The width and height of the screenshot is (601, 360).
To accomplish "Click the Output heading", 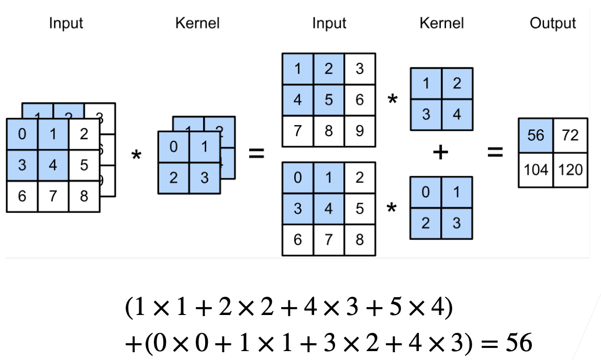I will pyautogui.click(x=552, y=23).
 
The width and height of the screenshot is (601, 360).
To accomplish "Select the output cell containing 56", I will pyautogui.click(x=535, y=136).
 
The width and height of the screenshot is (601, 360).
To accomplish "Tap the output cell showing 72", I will pyautogui.click(x=570, y=136).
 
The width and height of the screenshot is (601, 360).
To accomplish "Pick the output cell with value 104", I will pyautogui.click(x=535, y=170).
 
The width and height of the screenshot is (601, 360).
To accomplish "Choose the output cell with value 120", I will pyautogui.click(x=570, y=170).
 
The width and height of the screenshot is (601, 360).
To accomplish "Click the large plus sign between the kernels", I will pyautogui.click(x=441, y=152).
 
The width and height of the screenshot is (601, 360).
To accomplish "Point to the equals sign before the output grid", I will pyautogui.click(x=495, y=152).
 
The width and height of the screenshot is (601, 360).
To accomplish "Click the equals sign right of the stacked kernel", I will pyautogui.click(x=256, y=154).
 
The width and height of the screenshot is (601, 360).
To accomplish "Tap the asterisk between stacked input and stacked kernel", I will pyautogui.click(x=137, y=155).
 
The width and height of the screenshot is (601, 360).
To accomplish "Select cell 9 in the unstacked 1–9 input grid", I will pyautogui.click(x=360, y=130).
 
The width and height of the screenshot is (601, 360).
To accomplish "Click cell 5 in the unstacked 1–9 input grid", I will pyautogui.click(x=329, y=99).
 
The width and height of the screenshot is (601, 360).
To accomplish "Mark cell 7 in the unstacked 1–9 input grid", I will pyautogui.click(x=298, y=130).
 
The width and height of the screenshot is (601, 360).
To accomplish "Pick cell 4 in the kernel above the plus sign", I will pyautogui.click(x=457, y=114).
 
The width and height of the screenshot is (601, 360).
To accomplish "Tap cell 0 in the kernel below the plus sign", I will pyautogui.click(x=426, y=192).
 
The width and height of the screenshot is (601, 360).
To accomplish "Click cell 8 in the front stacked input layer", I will pyautogui.click(x=84, y=196).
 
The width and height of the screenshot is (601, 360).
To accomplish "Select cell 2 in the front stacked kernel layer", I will pyautogui.click(x=173, y=178).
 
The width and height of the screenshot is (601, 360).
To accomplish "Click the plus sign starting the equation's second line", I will pyautogui.click(x=131, y=344).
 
